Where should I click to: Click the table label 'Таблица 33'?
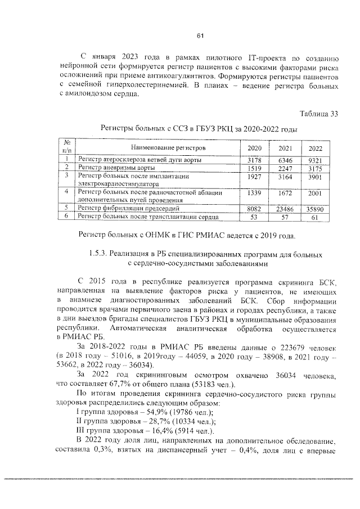(319, 114)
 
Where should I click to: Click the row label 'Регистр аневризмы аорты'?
(114, 168)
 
